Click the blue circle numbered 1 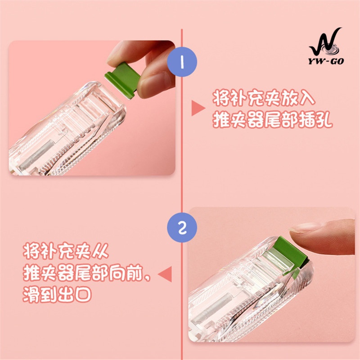coord(182,62)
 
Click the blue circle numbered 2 coord(182,227)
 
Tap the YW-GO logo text coord(326,61)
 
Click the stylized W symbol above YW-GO coord(325,42)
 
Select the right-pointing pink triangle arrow coord(198,108)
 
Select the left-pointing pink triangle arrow coord(165,274)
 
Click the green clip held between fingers coord(123,80)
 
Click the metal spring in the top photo coord(37,154)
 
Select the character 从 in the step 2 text coord(100,251)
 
